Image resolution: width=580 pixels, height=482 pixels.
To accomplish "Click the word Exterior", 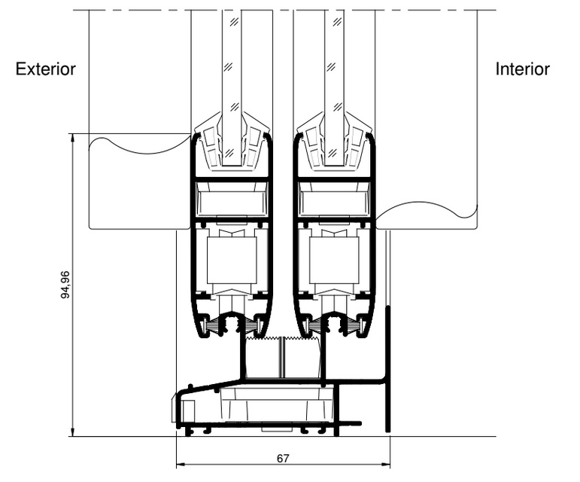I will click(46, 70).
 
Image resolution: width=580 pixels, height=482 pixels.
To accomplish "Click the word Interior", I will click(522, 70).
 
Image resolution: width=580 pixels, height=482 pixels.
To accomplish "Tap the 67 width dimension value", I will click(283, 457).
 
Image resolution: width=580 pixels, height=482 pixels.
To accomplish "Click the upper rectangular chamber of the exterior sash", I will click(232, 202).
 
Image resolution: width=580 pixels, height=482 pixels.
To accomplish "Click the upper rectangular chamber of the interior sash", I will click(334, 202).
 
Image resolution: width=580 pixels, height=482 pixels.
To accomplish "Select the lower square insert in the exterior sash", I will click(232, 261).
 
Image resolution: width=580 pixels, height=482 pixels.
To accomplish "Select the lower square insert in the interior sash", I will click(334, 261).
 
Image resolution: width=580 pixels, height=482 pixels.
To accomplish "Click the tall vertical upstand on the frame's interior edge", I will click(388, 369).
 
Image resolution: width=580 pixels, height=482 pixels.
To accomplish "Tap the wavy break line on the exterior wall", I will click(139, 145).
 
